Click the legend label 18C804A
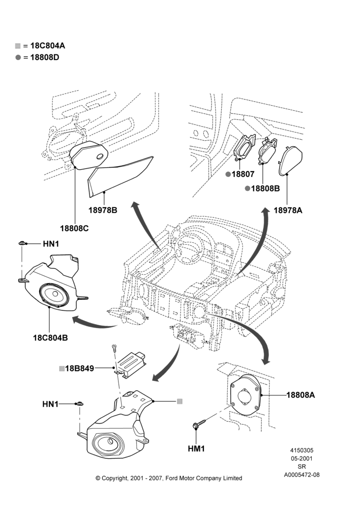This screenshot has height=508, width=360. pos(48,46)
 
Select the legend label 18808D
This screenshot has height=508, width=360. pos(45,58)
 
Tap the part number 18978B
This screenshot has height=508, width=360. pos(103,210)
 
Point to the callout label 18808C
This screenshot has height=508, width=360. pos(74,229)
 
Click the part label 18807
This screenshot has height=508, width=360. pos(243,174)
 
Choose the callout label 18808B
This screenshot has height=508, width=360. pos(265,188)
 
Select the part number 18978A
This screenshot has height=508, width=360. pos(288,210)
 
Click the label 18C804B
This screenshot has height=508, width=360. pos(51,338)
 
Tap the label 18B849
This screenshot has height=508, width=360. pos(80,368)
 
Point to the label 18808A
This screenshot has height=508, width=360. pos(301,395)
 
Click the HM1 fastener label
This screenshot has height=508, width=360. pos(197,449)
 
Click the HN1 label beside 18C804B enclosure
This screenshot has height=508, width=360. pos(51,244)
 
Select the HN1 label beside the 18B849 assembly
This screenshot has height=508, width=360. pos(51,404)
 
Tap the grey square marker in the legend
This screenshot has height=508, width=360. pos(18,46)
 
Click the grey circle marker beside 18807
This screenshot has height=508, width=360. pos(228,174)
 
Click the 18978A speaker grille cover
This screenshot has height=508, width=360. pos(291,160)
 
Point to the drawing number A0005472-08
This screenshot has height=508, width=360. pos(302,475)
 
